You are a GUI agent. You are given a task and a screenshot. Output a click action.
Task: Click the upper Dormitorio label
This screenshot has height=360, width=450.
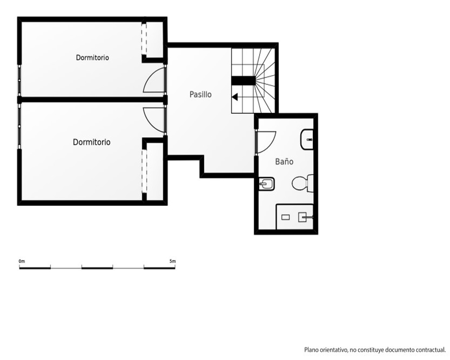(x=92, y=58)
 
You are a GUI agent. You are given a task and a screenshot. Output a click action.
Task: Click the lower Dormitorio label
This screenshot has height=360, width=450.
(x=91, y=142)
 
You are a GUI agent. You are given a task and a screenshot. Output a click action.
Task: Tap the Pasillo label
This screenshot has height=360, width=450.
(x=201, y=94)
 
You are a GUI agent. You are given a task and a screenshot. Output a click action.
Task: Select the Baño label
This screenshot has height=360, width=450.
(x=284, y=162)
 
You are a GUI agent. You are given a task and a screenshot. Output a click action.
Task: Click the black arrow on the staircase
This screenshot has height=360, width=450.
(x=235, y=97)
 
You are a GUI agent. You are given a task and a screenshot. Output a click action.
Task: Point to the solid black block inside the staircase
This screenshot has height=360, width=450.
(x=243, y=81)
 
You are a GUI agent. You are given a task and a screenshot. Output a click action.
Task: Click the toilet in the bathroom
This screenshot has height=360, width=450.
(x=303, y=183)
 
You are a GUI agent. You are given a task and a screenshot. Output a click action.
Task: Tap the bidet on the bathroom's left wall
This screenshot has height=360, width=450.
(x=266, y=184)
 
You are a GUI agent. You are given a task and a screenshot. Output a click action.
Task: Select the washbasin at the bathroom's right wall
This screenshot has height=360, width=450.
(x=307, y=139)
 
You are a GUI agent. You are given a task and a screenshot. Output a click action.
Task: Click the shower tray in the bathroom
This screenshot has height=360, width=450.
(x=294, y=217)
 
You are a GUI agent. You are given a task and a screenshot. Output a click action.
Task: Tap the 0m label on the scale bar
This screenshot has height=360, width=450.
(x=22, y=261)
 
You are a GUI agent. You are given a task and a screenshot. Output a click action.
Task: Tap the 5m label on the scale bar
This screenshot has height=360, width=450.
(x=172, y=261)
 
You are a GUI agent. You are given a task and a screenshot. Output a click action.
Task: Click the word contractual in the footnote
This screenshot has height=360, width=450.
(x=431, y=350)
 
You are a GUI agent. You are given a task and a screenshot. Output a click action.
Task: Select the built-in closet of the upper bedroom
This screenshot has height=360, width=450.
(x=154, y=40)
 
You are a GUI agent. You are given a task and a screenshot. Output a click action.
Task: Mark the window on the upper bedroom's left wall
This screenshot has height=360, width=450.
(x=19, y=81)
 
